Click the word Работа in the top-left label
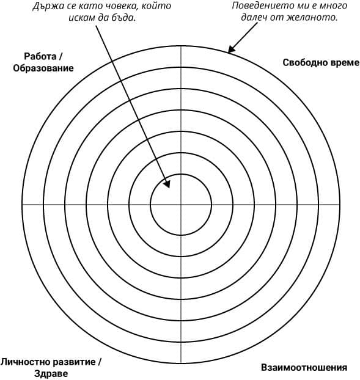pos(40,56)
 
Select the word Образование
pos(43,68)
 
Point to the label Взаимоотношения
pos(304,367)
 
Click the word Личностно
pos(25,362)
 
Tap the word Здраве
pos(51,374)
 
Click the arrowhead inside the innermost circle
pos(167,184)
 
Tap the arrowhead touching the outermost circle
pos(231,49)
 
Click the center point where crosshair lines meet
pos(181,205)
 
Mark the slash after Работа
pos(61,56)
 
